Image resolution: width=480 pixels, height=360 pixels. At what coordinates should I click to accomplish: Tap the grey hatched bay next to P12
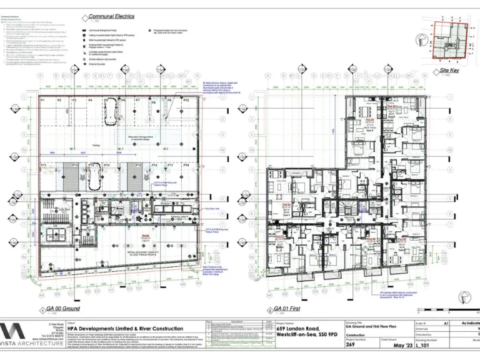75,178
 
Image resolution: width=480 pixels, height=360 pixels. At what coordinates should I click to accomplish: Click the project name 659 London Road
299,329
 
